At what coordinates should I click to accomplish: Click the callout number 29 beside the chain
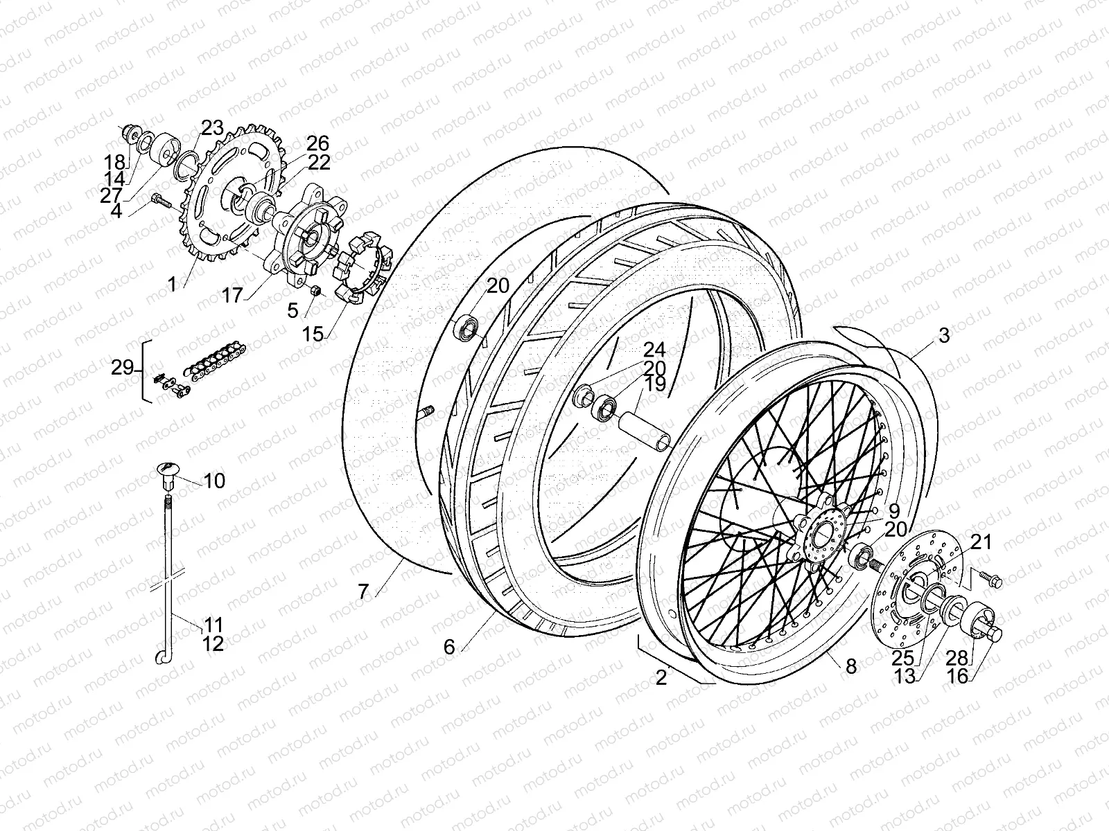coord(123,368)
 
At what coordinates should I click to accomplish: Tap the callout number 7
coord(363,591)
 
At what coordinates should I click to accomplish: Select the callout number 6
coord(449,647)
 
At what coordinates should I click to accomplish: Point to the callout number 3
coord(944,337)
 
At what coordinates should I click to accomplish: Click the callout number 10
coord(215,481)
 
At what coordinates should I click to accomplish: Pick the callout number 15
coord(313,334)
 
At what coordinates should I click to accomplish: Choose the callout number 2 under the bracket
coord(661,677)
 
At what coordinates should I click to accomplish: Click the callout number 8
coord(851,666)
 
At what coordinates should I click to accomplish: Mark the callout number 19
coord(655,384)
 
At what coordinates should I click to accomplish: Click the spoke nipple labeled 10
coord(166,474)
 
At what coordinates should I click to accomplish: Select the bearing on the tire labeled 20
coord(466,326)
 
